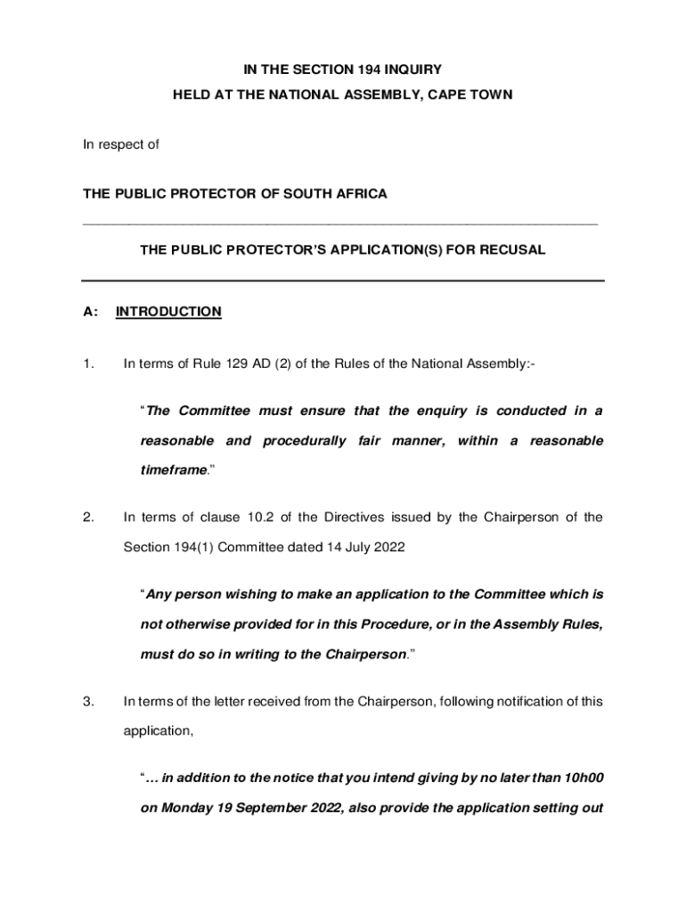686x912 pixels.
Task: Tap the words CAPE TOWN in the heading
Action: [477, 94]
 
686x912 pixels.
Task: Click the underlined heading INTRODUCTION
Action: [168, 312]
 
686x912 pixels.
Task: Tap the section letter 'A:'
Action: [90, 312]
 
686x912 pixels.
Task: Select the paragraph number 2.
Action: [87, 517]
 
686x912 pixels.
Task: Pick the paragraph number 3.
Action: [87, 701]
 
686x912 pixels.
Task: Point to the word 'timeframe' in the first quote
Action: [173, 471]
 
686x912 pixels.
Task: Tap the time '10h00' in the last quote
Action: [584, 778]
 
